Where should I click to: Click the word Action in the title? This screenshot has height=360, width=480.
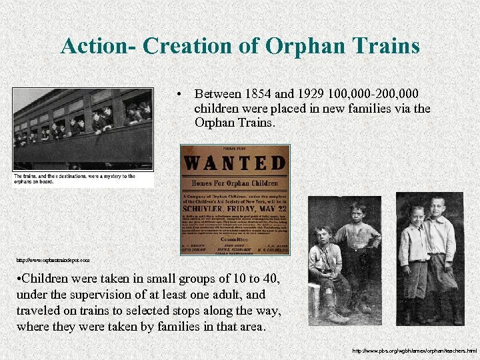coord(96,46)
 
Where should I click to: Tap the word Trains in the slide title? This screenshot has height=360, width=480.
coord(383,46)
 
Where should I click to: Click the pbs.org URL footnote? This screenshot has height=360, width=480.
coord(414,350)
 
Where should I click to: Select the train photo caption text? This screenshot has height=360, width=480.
coord(74,179)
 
